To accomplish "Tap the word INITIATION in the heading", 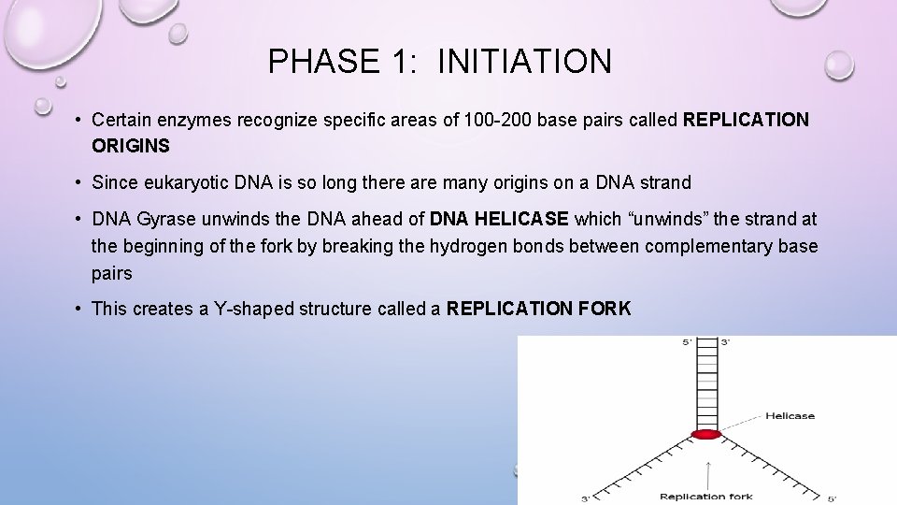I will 524,62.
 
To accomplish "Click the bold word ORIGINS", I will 131,146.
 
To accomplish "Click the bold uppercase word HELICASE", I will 521,219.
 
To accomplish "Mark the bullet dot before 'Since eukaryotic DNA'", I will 80,182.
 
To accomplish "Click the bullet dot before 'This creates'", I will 80,309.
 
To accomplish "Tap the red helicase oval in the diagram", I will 705,434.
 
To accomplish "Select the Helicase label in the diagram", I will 790,416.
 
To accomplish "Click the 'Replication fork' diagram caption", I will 705,496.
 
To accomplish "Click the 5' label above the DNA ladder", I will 688,342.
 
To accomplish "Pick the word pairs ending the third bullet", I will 112,273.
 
